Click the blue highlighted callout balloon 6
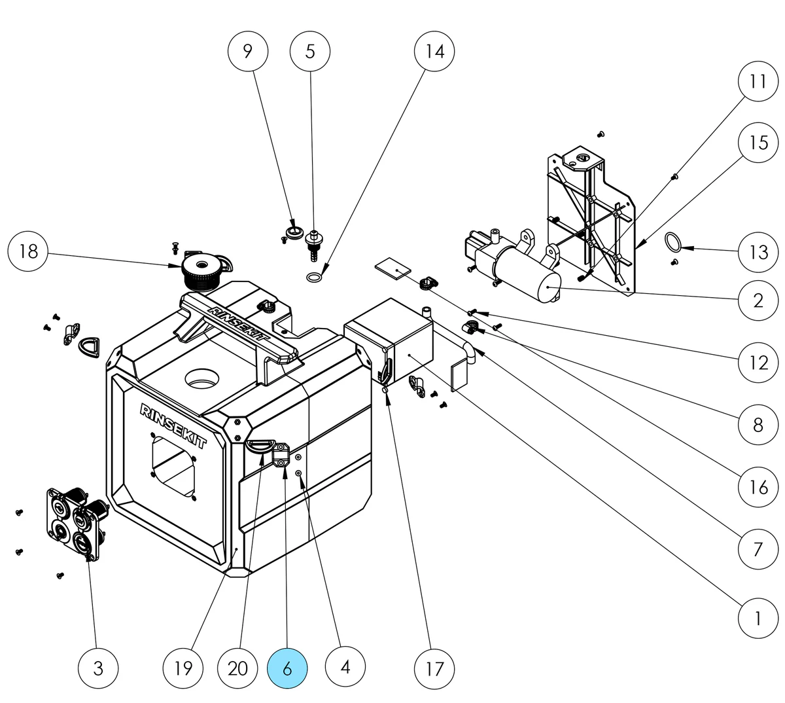287,668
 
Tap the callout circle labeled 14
435,52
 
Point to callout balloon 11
758,82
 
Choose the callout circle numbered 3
98,668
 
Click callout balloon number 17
435,668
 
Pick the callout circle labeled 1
758,617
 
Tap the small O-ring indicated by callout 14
314,278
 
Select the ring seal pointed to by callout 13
672,242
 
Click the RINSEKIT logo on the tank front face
173,425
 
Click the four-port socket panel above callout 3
74,520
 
